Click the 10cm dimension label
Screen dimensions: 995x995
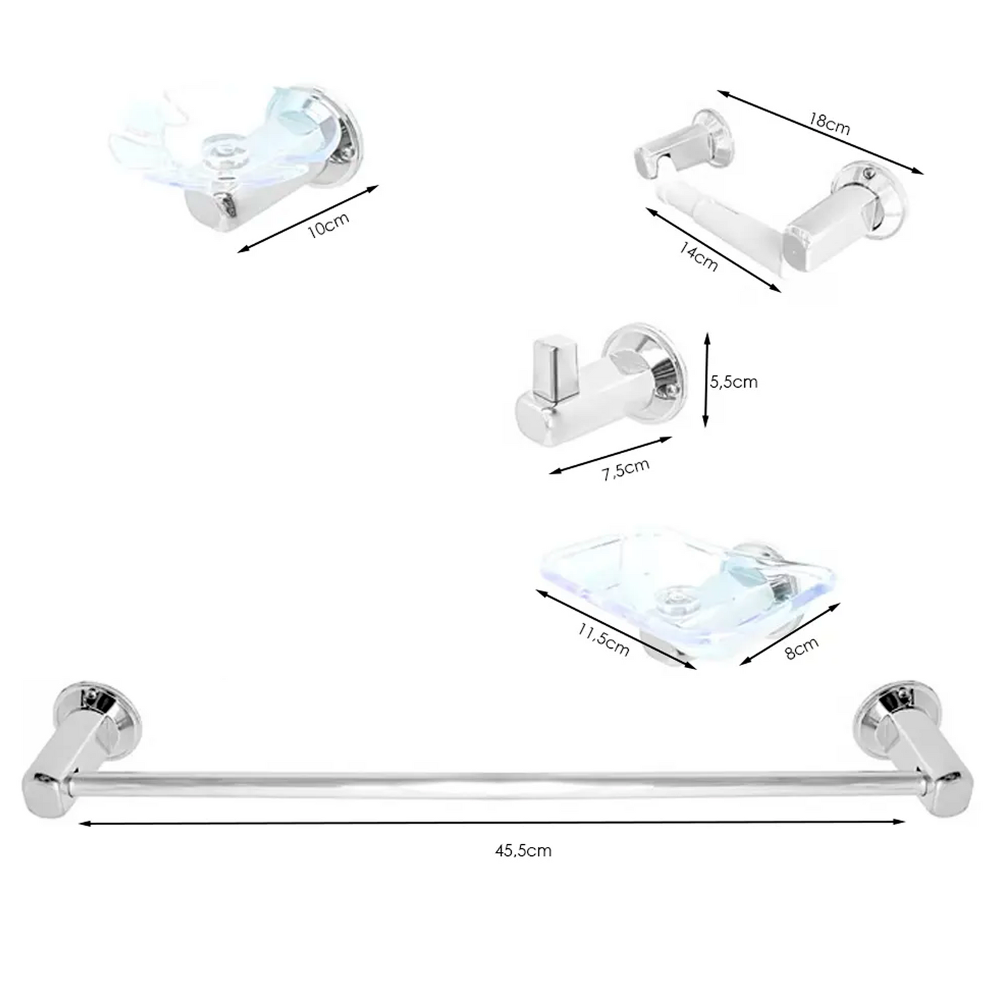(x=328, y=224)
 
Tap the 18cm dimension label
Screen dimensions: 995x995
(x=829, y=123)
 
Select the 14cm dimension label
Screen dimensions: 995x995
(x=698, y=256)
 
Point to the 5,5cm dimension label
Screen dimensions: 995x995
(x=734, y=381)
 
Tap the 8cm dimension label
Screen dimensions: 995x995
(x=802, y=648)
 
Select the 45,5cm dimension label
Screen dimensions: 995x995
(x=523, y=850)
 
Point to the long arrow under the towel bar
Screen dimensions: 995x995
(x=492, y=822)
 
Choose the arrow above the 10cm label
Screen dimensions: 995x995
(x=308, y=218)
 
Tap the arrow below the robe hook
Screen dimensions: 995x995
(x=610, y=455)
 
